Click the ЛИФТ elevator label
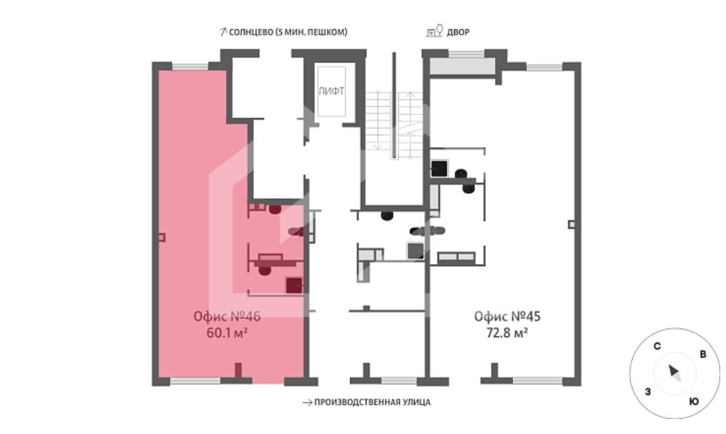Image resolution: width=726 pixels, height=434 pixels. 331,91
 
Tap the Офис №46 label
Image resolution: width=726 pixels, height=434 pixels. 227,316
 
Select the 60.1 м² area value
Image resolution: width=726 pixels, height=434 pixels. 227,333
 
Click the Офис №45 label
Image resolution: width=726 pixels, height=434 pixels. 507,316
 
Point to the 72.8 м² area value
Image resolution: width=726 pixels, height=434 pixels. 507,333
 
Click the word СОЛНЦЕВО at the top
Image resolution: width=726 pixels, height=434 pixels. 250,32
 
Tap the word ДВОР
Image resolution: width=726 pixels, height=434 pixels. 458,32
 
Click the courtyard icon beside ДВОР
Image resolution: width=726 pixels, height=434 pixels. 434,31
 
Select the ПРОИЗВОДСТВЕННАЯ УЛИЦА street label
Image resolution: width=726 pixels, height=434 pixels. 372,402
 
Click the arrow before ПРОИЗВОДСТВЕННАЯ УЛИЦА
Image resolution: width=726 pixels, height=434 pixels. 308,402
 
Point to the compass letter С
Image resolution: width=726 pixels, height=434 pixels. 657,346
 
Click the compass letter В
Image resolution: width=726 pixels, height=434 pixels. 703,354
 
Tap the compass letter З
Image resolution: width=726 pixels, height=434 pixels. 648,392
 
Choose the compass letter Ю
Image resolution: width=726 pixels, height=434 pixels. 694,401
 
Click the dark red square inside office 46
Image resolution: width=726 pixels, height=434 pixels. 294,286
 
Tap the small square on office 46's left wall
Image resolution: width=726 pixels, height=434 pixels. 161,237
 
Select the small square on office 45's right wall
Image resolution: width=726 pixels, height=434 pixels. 572,225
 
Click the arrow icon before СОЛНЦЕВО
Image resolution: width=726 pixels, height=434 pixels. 222,32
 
